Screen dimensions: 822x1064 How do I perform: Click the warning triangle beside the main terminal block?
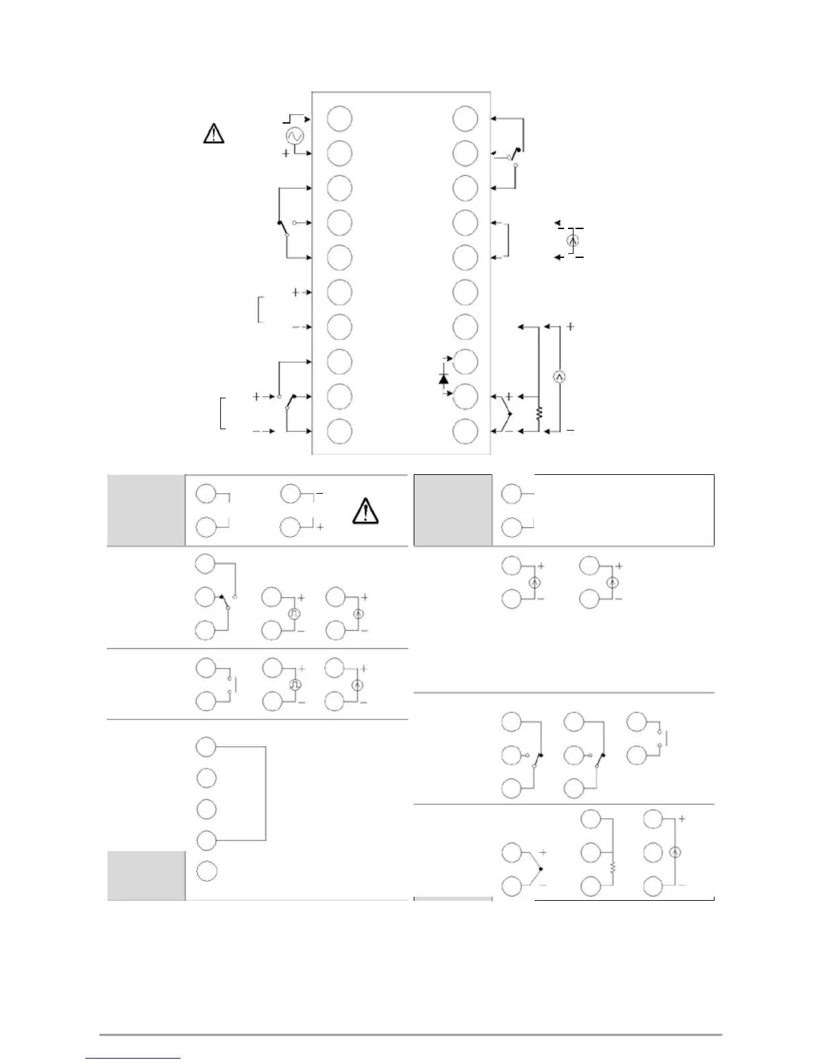(214, 134)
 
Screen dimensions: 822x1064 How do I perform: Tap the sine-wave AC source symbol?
(293, 136)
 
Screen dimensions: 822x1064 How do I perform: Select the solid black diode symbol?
(443, 379)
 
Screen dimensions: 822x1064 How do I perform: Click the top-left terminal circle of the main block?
(339, 118)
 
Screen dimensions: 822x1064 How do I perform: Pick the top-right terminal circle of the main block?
(465, 118)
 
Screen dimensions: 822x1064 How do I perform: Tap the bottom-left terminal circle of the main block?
(339, 431)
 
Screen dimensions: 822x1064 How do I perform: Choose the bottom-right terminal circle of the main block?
(465, 431)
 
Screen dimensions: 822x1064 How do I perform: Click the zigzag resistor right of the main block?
(539, 413)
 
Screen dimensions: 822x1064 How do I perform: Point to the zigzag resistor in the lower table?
(612, 867)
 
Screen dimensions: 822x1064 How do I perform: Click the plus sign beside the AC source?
(286, 154)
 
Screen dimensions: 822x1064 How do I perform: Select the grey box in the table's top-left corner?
(146, 511)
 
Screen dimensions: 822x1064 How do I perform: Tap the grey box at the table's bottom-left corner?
(146, 875)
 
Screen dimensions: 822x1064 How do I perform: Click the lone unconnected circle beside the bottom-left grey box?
(206, 871)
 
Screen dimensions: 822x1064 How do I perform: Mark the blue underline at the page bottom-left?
(134, 1058)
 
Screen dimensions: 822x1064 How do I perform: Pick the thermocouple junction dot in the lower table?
(541, 869)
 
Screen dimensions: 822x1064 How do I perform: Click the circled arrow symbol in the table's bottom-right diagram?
(676, 852)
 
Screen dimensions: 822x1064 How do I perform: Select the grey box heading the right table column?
(453, 511)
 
